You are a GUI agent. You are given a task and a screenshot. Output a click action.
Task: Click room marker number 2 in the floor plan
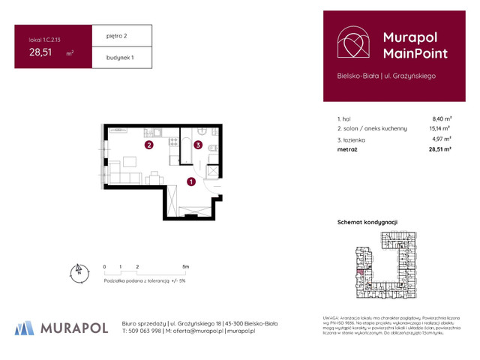click(149, 145)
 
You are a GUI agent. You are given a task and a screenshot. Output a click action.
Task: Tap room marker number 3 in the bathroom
click(198, 145)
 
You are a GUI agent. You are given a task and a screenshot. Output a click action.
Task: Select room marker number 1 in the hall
click(191, 181)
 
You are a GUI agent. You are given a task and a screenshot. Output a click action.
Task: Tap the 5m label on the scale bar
click(185, 266)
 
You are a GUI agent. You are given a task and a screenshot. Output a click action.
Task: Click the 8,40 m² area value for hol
click(441, 118)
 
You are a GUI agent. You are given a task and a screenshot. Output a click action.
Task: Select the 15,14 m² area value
click(440, 129)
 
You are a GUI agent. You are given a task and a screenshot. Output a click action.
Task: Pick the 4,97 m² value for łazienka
click(441, 139)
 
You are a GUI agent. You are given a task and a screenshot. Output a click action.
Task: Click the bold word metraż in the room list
click(348, 150)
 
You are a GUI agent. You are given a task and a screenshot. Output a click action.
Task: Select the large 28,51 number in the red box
click(40, 52)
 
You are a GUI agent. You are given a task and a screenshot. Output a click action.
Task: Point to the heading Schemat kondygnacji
click(367, 223)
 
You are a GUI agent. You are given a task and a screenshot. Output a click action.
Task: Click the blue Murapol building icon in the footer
click(25, 328)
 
